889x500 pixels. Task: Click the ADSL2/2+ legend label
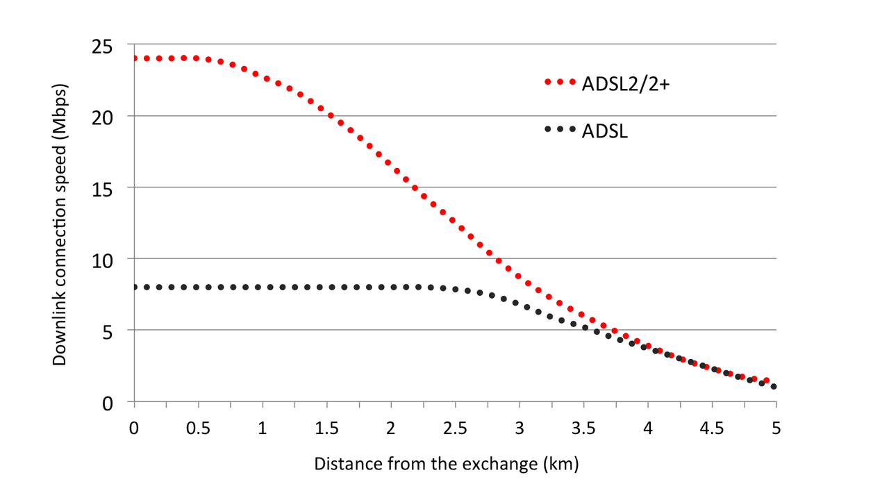coord(624,83)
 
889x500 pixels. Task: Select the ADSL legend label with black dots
coord(604,130)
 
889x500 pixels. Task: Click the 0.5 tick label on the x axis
coord(197,428)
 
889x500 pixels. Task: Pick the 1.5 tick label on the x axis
coord(326,428)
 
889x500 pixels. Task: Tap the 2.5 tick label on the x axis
coord(454,428)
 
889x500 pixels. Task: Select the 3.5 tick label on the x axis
coord(583,428)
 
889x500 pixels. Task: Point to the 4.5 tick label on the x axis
coord(711,428)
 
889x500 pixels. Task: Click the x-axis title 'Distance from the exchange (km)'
coord(446,463)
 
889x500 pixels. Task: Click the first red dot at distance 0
coord(135,58)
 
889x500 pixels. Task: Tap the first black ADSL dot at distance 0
coord(135,287)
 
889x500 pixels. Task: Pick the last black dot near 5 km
coord(774,387)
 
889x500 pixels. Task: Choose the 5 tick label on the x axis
coord(776,428)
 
